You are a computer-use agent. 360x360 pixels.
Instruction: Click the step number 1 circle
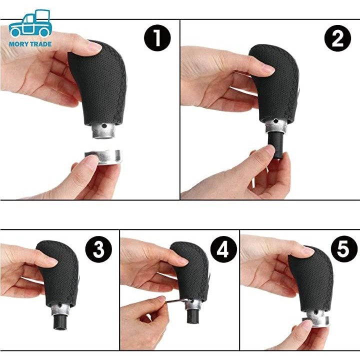(x=157, y=38)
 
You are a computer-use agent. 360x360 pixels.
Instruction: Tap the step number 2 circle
(x=337, y=38)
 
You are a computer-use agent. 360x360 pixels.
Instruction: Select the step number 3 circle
(x=98, y=249)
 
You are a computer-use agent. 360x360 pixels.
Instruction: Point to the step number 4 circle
(x=223, y=249)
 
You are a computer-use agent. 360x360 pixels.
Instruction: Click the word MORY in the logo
(x=17, y=44)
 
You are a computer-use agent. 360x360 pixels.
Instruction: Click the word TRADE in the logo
(x=40, y=44)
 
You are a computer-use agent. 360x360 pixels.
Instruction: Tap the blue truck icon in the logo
(x=30, y=23)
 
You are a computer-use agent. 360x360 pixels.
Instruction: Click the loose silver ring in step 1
(x=103, y=157)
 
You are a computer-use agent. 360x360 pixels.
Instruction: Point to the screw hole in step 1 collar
(x=104, y=125)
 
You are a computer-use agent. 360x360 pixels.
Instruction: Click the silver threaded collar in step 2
(x=275, y=126)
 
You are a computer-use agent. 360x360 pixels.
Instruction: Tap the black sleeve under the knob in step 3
(x=60, y=321)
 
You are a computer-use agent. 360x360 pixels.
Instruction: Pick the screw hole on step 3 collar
(x=60, y=305)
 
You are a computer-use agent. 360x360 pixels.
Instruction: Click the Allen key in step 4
(x=175, y=301)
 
